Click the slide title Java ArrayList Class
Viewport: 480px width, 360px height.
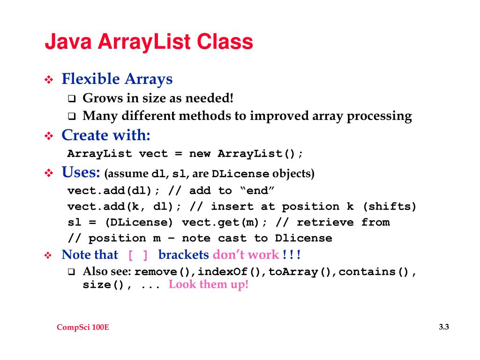pos(149,42)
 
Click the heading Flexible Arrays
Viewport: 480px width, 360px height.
pos(117,79)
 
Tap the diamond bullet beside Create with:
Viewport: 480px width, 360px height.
pos(49,137)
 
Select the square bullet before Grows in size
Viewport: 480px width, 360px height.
pos(72,99)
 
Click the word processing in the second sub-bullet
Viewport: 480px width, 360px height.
pos(379,116)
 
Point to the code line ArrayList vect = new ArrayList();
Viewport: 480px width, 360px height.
pos(185,154)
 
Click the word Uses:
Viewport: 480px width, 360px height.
pos(81,172)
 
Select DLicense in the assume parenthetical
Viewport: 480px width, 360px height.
pos(240,174)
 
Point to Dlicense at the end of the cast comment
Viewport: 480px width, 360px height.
pos(303,238)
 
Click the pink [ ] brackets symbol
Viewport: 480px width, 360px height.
pos(138,255)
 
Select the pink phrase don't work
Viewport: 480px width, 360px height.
pos(246,255)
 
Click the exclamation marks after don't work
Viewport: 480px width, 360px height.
pos(292,255)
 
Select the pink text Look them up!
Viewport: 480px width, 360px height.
pos(208,285)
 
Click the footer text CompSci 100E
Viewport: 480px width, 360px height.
pos(83,328)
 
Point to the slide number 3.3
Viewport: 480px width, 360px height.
pos(444,327)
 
